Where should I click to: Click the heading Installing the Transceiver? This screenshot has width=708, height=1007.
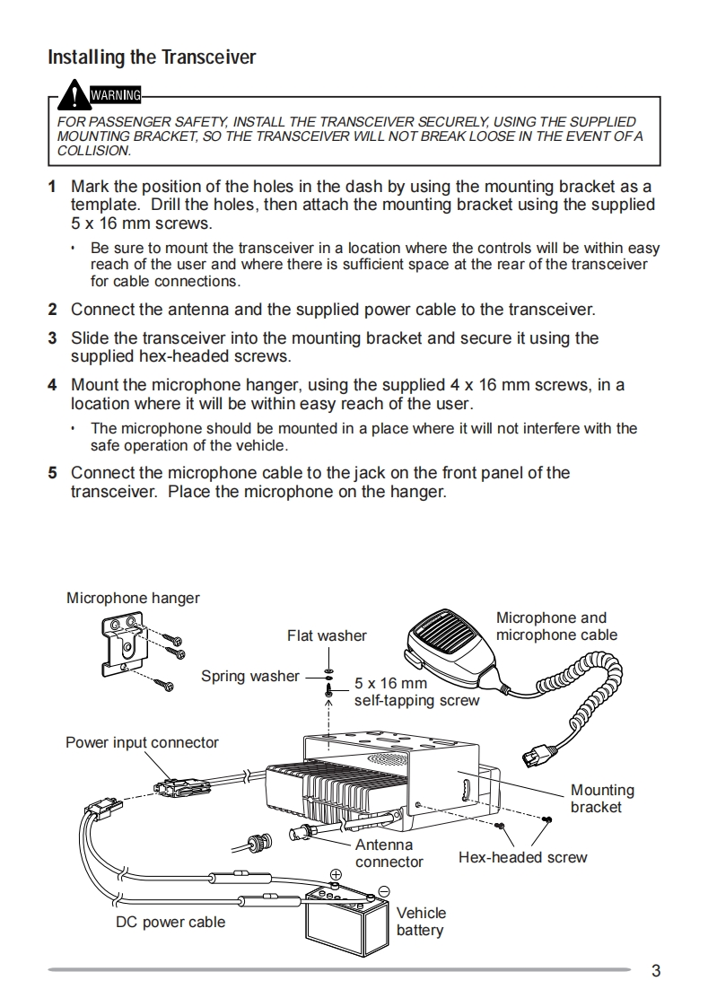(152, 57)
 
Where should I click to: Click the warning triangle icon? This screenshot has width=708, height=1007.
(74, 93)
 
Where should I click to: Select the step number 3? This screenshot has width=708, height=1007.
(52, 338)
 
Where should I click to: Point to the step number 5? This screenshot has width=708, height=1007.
(52, 473)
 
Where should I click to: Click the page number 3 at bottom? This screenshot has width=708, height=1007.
(656, 970)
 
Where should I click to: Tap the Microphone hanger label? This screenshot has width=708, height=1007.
(133, 598)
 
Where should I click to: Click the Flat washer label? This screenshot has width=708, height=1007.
(327, 635)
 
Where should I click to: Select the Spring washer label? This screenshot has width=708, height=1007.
(249, 676)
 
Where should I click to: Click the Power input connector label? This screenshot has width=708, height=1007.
(142, 742)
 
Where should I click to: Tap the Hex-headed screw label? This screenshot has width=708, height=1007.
(522, 857)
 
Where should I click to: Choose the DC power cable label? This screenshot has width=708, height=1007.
(170, 922)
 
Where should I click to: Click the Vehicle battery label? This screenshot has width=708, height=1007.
(421, 922)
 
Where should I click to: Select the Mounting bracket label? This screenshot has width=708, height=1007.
(601, 799)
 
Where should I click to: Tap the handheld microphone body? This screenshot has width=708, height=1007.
(448, 640)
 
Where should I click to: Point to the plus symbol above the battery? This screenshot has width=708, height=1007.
(336, 874)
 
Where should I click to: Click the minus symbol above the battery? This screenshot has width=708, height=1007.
(383, 890)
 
